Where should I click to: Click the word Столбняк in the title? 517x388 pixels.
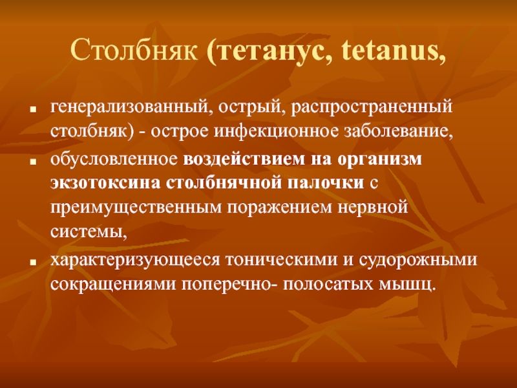click(x=134, y=50)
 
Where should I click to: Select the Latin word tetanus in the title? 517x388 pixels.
click(x=389, y=51)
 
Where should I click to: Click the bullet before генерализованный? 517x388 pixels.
click(x=32, y=109)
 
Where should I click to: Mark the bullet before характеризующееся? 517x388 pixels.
click(x=32, y=263)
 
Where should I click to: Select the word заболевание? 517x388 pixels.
click(x=397, y=132)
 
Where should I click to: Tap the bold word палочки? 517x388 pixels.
click(x=326, y=183)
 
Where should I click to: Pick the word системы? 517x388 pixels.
click(x=87, y=232)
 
